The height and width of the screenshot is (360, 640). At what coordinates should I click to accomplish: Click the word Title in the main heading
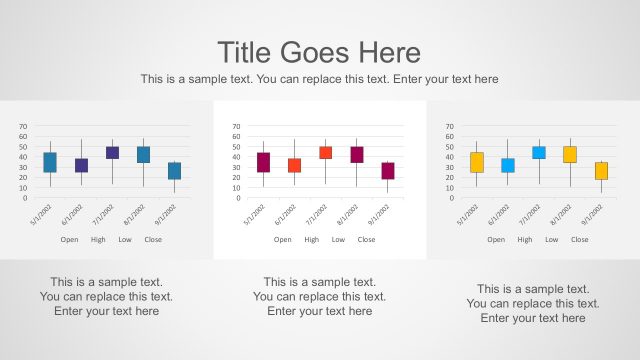[245, 52]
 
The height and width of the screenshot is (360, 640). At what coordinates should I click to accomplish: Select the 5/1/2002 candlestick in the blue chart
[50, 162]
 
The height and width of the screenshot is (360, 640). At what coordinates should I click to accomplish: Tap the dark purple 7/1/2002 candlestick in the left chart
[112, 153]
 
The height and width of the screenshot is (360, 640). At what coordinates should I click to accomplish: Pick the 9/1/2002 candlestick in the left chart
[174, 171]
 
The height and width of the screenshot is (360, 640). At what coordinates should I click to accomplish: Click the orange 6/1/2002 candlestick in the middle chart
[294, 165]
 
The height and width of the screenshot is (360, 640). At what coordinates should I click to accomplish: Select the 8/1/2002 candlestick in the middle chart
[357, 154]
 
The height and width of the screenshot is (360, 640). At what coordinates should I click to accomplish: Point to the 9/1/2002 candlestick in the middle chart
[388, 171]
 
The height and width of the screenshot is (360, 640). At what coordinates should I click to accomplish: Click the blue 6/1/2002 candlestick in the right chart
[508, 165]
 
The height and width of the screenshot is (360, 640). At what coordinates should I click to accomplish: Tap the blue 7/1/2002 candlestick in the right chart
[539, 153]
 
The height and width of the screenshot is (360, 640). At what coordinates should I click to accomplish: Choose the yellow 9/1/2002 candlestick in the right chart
[601, 171]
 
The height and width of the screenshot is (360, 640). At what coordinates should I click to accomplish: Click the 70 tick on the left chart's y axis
[23, 128]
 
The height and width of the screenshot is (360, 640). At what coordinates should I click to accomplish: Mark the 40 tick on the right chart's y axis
[450, 158]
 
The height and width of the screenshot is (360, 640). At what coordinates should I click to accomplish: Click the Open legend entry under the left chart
[69, 240]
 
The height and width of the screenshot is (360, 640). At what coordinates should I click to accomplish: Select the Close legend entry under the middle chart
[366, 240]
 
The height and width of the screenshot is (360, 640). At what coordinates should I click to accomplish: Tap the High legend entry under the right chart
[525, 240]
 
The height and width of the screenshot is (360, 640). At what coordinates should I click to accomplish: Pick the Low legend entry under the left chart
[125, 240]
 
